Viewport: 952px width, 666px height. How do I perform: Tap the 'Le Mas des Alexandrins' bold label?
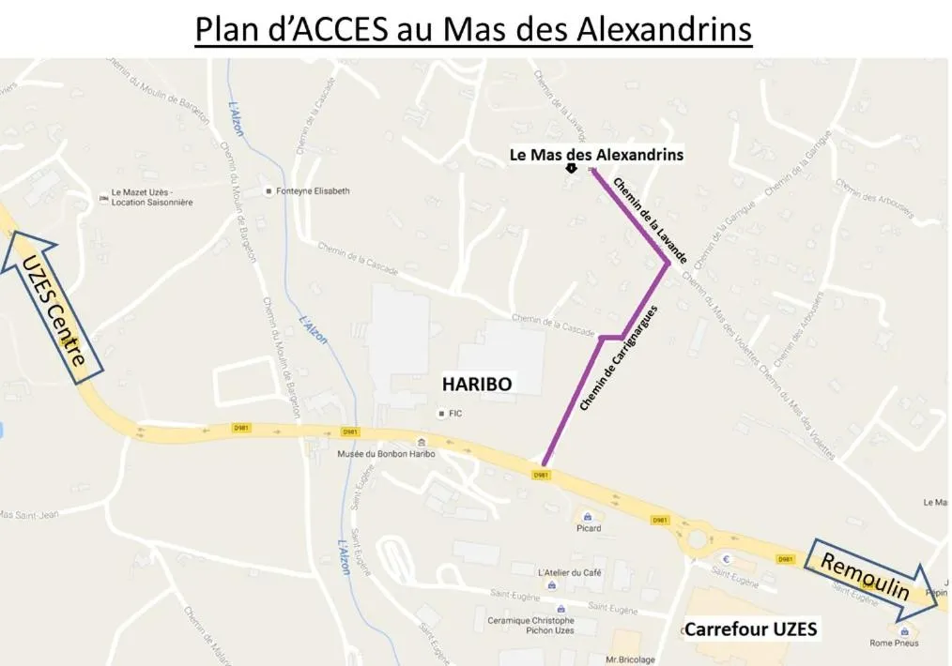(596, 154)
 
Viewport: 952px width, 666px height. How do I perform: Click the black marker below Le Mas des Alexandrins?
(571, 169)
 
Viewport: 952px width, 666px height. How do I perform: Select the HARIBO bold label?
(477, 384)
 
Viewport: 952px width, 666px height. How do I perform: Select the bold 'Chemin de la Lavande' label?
(651, 219)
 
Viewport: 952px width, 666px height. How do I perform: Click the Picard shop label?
(589, 528)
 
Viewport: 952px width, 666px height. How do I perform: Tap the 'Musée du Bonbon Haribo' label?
(386, 454)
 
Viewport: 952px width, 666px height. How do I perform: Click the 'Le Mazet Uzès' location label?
(151, 198)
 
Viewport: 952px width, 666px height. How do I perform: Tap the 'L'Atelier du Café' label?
(569, 572)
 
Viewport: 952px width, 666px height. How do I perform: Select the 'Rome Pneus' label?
(893, 643)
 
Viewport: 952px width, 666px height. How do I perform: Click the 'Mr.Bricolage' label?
(631, 659)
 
